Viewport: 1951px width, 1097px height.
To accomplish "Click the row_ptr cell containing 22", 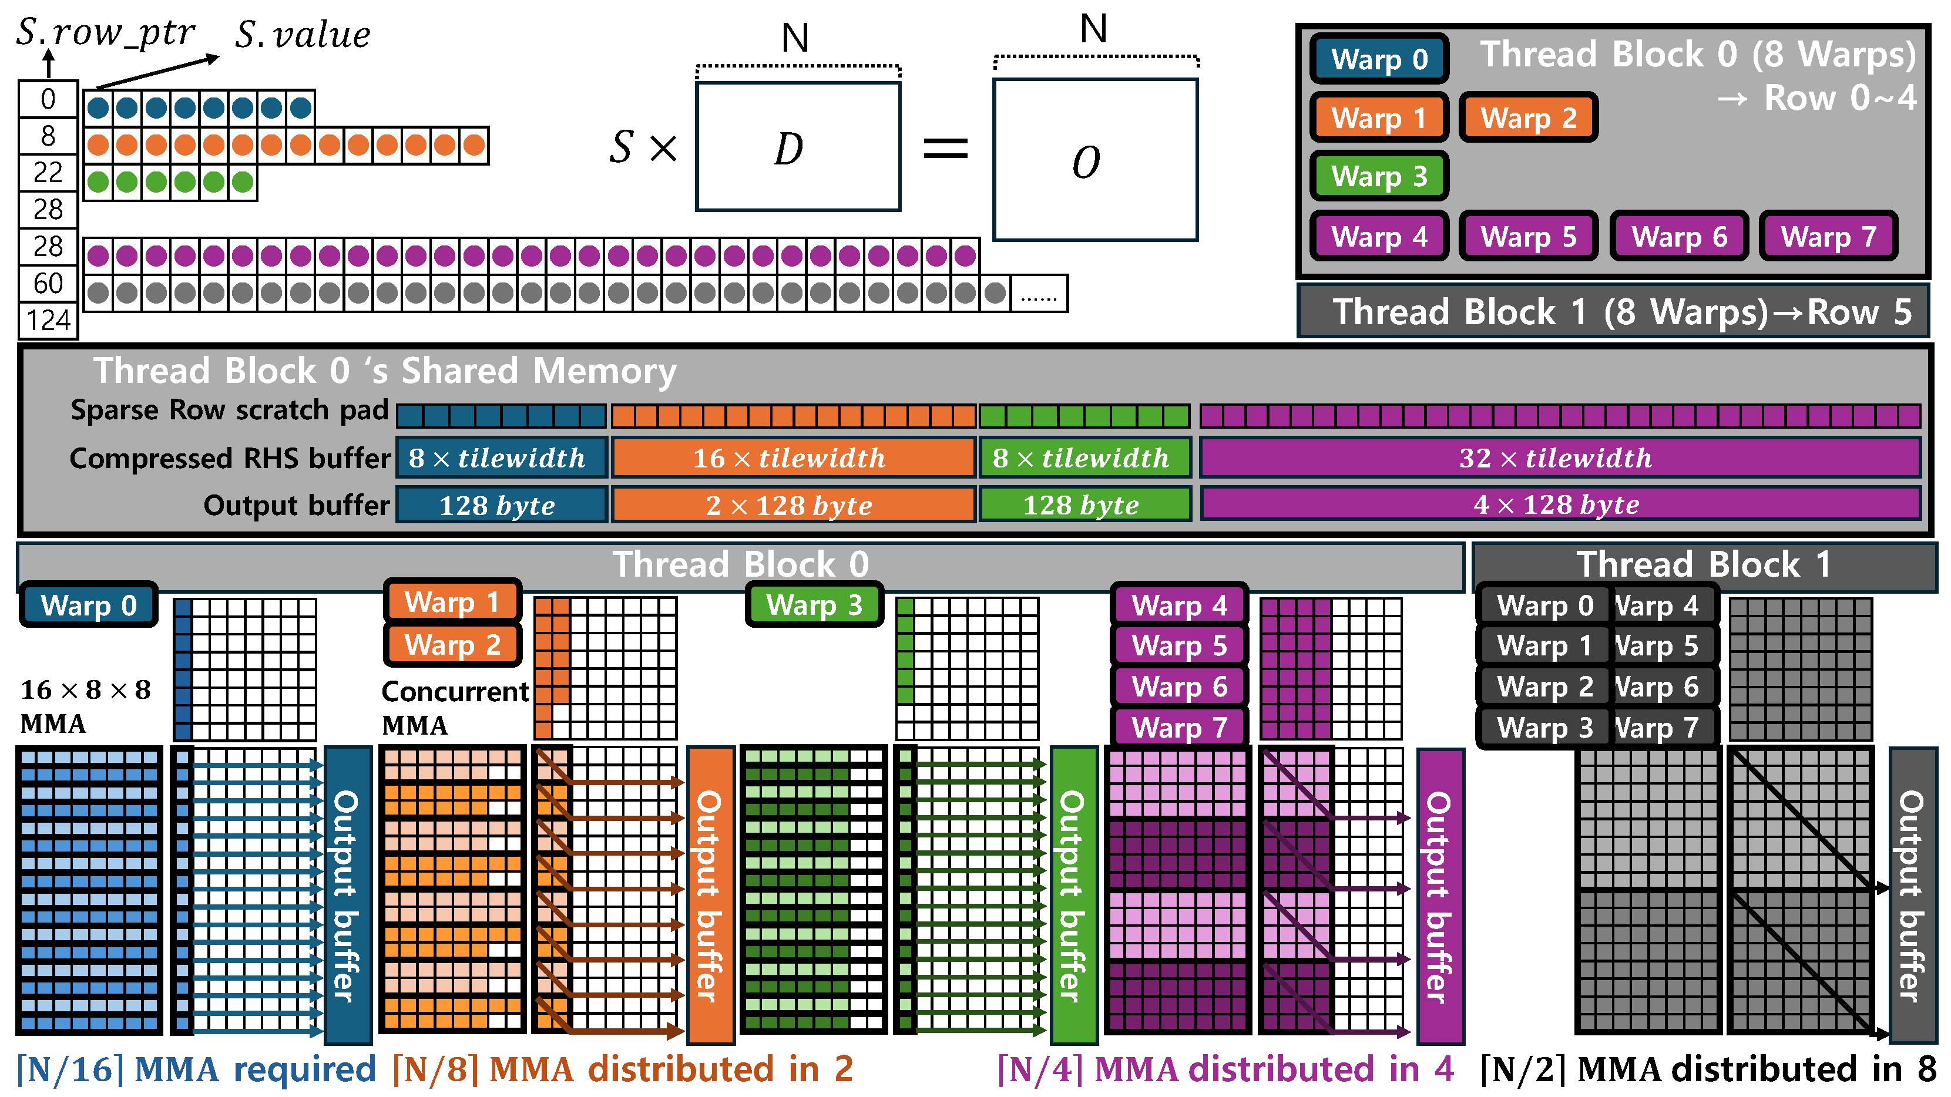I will pos(48,173).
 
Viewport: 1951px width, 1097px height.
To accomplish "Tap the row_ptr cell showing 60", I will pos(48,283).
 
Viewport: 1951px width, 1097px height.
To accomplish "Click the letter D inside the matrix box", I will pos(788,149).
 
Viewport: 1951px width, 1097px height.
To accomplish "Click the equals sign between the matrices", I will pos(945,149).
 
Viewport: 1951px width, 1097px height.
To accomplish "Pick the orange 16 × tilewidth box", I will pos(793,458).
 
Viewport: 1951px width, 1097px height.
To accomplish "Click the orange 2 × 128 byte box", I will pos(793,505).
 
